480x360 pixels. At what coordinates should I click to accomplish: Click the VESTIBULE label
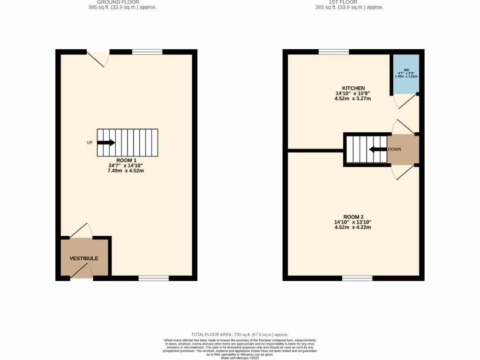pos(84,258)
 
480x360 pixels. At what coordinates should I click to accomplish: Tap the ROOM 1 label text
pos(126,160)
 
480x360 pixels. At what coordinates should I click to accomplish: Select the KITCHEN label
pos(353,88)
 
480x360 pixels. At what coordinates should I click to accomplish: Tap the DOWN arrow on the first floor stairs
pos(377,150)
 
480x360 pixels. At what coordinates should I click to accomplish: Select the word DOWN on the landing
pos(394,150)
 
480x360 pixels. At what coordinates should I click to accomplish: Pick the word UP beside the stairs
pos(90,142)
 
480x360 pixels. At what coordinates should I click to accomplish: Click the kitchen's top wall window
pos(334,52)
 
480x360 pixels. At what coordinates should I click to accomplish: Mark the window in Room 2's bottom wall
pos(357,278)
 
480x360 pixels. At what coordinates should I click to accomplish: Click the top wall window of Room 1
pos(147,52)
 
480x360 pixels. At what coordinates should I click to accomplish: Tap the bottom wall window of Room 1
pos(153,278)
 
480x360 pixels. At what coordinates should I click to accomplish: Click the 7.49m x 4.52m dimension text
pos(126,171)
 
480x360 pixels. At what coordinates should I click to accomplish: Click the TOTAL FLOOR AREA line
pos(240,334)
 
